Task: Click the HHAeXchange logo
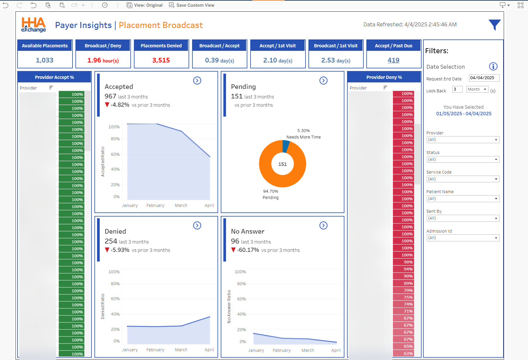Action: (x=34, y=25)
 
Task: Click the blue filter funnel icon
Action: (x=494, y=25)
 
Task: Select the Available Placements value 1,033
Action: (x=45, y=60)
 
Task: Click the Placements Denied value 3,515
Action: (x=161, y=60)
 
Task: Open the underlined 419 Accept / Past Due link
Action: (x=393, y=60)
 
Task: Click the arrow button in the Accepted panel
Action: (x=197, y=81)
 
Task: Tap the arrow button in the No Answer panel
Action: (x=323, y=226)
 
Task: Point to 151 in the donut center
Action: (x=282, y=164)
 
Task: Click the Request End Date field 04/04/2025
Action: (x=484, y=78)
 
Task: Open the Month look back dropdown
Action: (x=477, y=89)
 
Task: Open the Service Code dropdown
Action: (x=463, y=179)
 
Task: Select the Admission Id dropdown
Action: (x=463, y=238)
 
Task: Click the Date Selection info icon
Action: (x=493, y=67)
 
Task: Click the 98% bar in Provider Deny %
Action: (x=403, y=262)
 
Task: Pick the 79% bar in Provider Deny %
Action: (x=403, y=290)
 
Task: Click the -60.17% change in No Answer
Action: (x=248, y=250)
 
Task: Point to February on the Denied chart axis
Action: (x=155, y=350)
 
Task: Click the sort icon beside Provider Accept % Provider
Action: (x=51, y=88)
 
